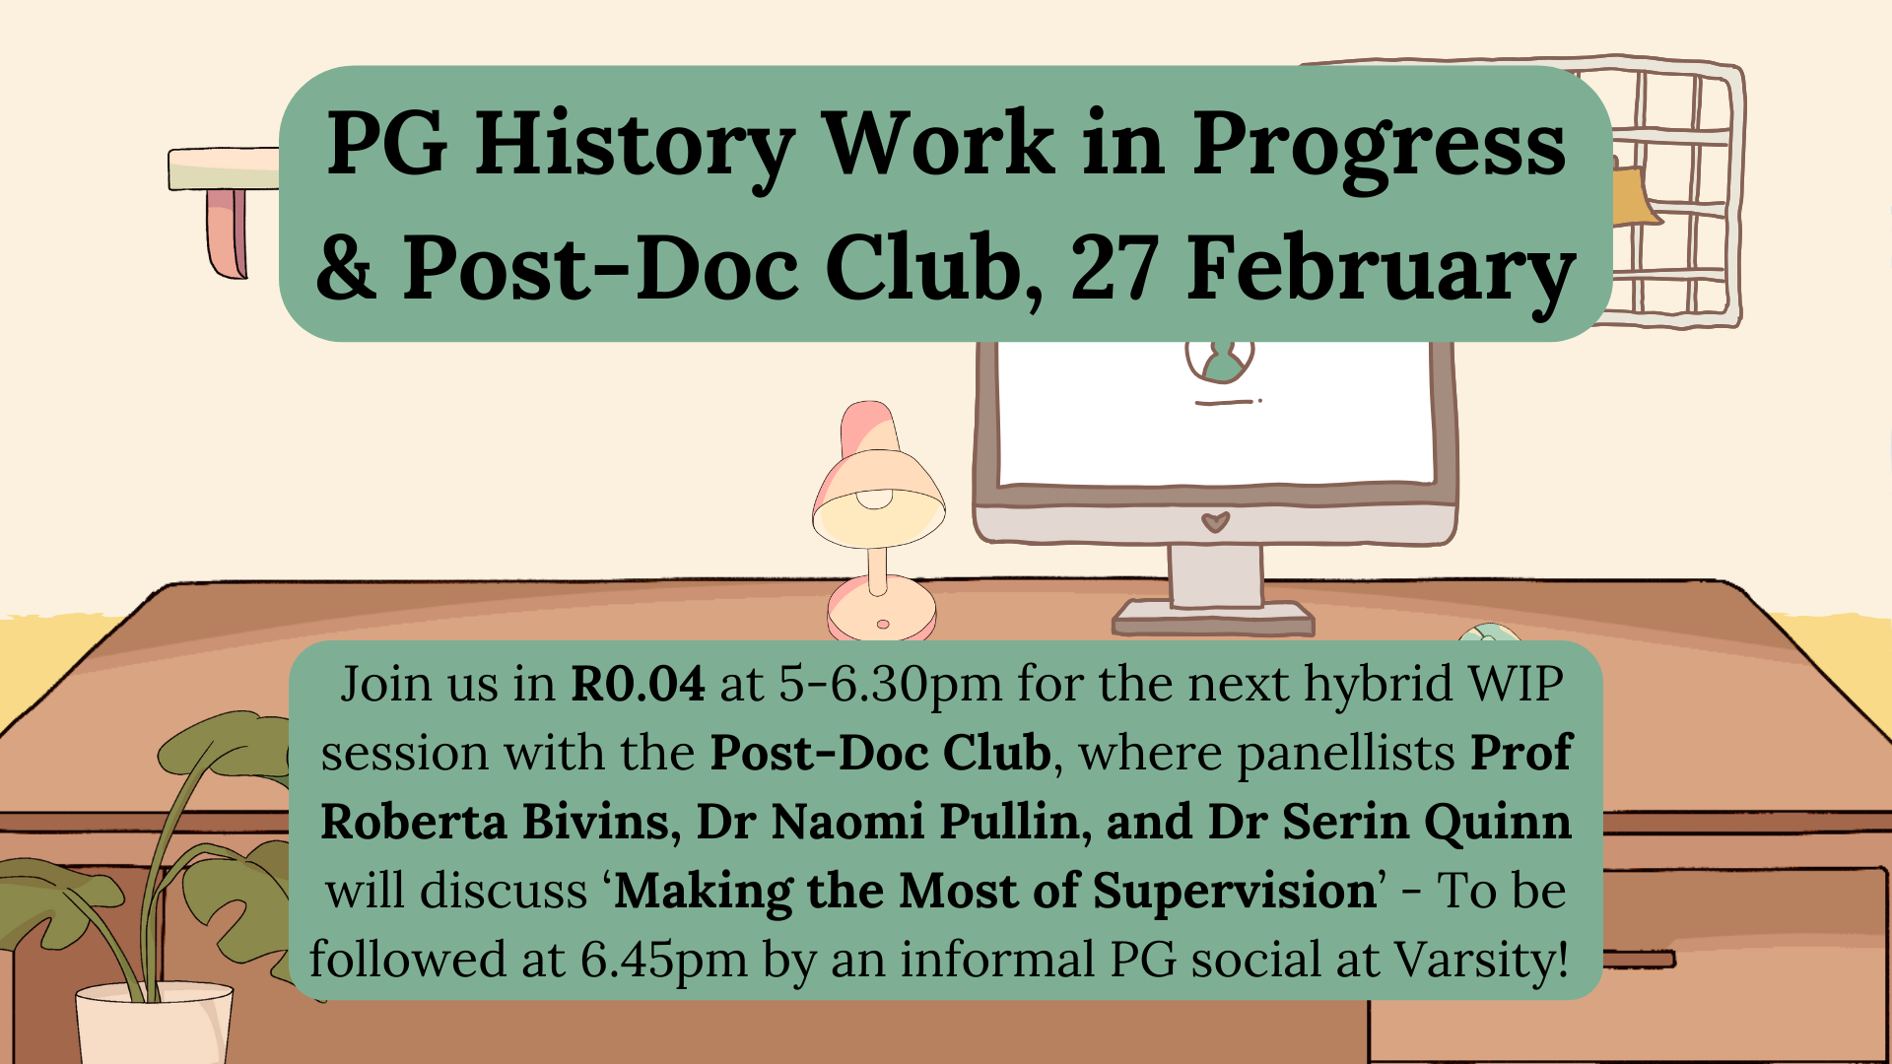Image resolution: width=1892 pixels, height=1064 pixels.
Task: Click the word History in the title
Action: (x=635, y=146)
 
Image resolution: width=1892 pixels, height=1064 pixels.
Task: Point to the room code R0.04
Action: (x=638, y=684)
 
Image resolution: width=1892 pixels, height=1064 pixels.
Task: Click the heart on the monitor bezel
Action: (x=1216, y=521)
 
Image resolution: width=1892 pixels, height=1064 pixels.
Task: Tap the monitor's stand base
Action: (x=1213, y=618)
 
